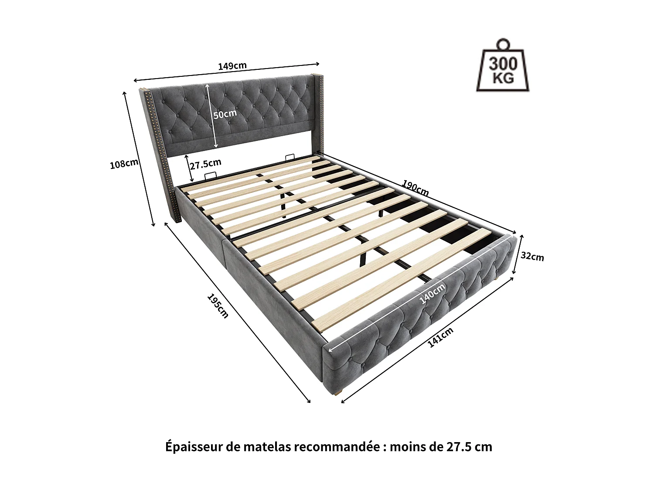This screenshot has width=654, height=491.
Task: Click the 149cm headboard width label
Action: point(232,66)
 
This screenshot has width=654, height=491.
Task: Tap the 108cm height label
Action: point(124,164)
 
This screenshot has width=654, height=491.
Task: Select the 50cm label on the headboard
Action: point(225,114)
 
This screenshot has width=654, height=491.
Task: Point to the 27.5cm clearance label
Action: point(205,164)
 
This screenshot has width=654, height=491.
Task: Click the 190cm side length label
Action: point(415,188)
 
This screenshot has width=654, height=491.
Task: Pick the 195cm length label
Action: point(218,306)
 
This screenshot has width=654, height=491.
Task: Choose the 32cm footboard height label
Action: point(532,256)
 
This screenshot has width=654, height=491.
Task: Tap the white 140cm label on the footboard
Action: point(432,293)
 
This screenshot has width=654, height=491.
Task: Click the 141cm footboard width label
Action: point(440,337)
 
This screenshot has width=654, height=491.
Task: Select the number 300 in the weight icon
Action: point(503,64)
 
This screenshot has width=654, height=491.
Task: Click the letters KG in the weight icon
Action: point(503,79)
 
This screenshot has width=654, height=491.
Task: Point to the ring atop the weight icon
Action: point(504,43)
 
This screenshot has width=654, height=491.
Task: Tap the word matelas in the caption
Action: point(266,447)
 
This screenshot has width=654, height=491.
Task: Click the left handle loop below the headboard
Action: point(211,175)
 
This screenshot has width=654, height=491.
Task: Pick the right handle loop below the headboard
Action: point(290,157)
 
